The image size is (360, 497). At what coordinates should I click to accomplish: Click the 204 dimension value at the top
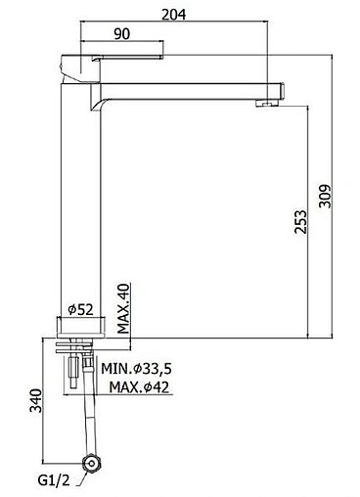click(174, 15)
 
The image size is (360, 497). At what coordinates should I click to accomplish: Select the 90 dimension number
click(121, 34)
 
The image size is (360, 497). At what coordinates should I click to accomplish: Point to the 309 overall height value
click(325, 196)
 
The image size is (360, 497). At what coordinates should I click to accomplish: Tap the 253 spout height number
click(300, 222)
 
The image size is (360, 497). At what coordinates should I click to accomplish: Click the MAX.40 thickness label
click(123, 308)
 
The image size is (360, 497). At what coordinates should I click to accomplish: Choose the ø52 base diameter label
click(81, 309)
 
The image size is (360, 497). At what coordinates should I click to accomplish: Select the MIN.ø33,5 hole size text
click(136, 369)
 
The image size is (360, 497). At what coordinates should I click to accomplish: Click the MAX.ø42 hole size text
click(139, 387)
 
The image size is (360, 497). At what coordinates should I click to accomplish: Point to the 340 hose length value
click(36, 400)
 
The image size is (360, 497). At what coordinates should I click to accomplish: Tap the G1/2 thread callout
click(54, 480)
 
